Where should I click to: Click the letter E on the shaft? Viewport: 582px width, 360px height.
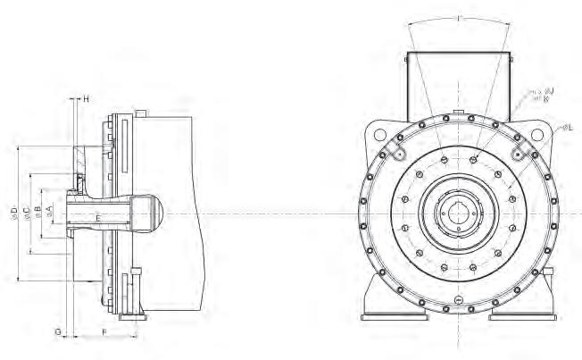[97, 217]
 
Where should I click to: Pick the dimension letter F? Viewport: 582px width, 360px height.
[104, 331]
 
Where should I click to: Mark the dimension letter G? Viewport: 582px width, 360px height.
[58, 331]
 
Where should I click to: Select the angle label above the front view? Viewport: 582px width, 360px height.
[458, 18]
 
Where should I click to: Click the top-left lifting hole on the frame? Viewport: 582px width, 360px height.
[381, 134]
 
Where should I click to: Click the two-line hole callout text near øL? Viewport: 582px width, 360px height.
[541, 95]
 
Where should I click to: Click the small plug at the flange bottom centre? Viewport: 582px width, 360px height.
[458, 300]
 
